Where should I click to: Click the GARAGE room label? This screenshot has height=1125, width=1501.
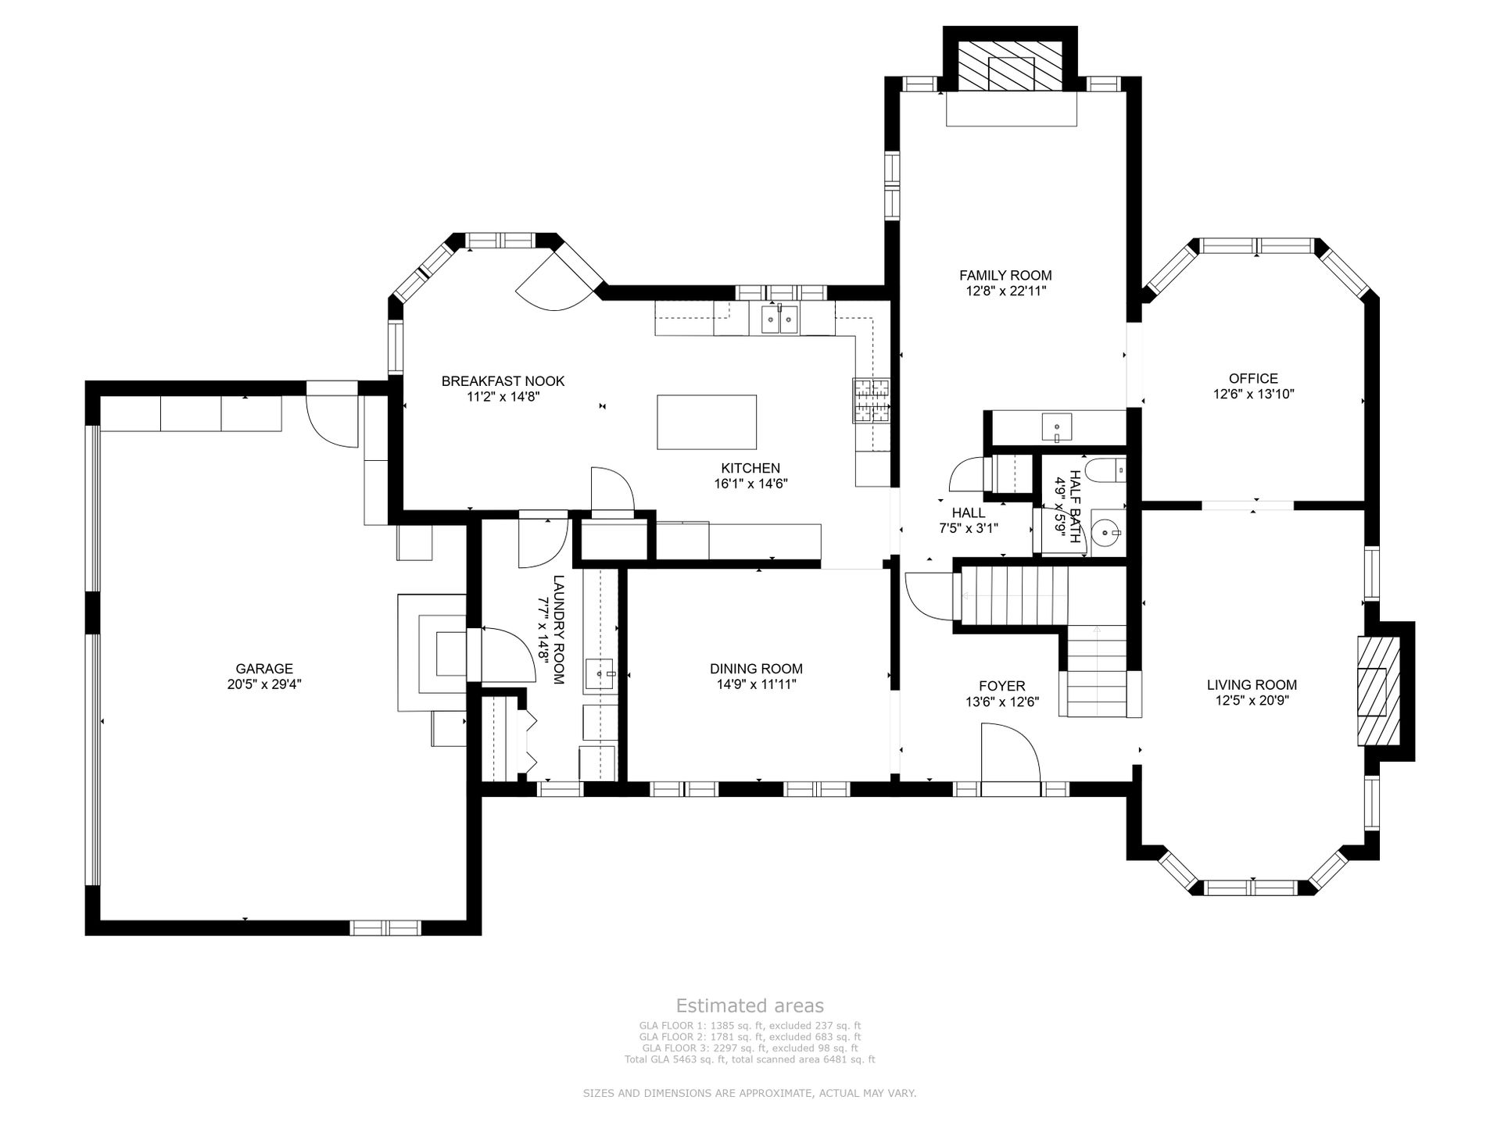click(264, 669)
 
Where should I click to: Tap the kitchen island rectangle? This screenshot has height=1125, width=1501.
click(707, 422)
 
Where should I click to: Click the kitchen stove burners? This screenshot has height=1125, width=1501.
click(871, 400)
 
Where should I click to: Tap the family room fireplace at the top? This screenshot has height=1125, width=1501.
click(1011, 64)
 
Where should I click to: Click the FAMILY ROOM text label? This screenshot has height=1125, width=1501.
click(1005, 275)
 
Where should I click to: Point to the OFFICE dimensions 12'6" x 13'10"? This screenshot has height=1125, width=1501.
click(1253, 395)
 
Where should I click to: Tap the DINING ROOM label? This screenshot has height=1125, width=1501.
click(756, 669)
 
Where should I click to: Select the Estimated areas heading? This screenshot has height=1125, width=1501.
click(750, 1005)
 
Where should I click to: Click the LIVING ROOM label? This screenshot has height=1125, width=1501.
click(1252, 685)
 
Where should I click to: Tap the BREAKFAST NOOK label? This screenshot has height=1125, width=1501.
click(503, 381)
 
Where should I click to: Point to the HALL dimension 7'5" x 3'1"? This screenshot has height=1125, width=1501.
click(969, 528)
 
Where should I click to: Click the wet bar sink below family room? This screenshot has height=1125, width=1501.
click(1057, 427)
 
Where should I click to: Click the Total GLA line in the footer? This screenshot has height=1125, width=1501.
click(750, 1060)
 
